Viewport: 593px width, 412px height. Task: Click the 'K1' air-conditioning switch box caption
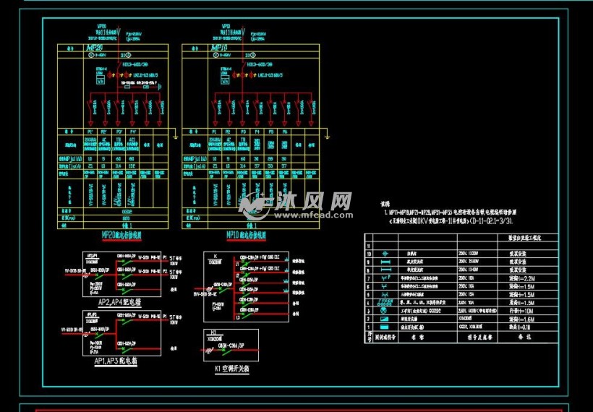coord(231,369)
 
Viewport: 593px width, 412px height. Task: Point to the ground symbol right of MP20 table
coord(176,134)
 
